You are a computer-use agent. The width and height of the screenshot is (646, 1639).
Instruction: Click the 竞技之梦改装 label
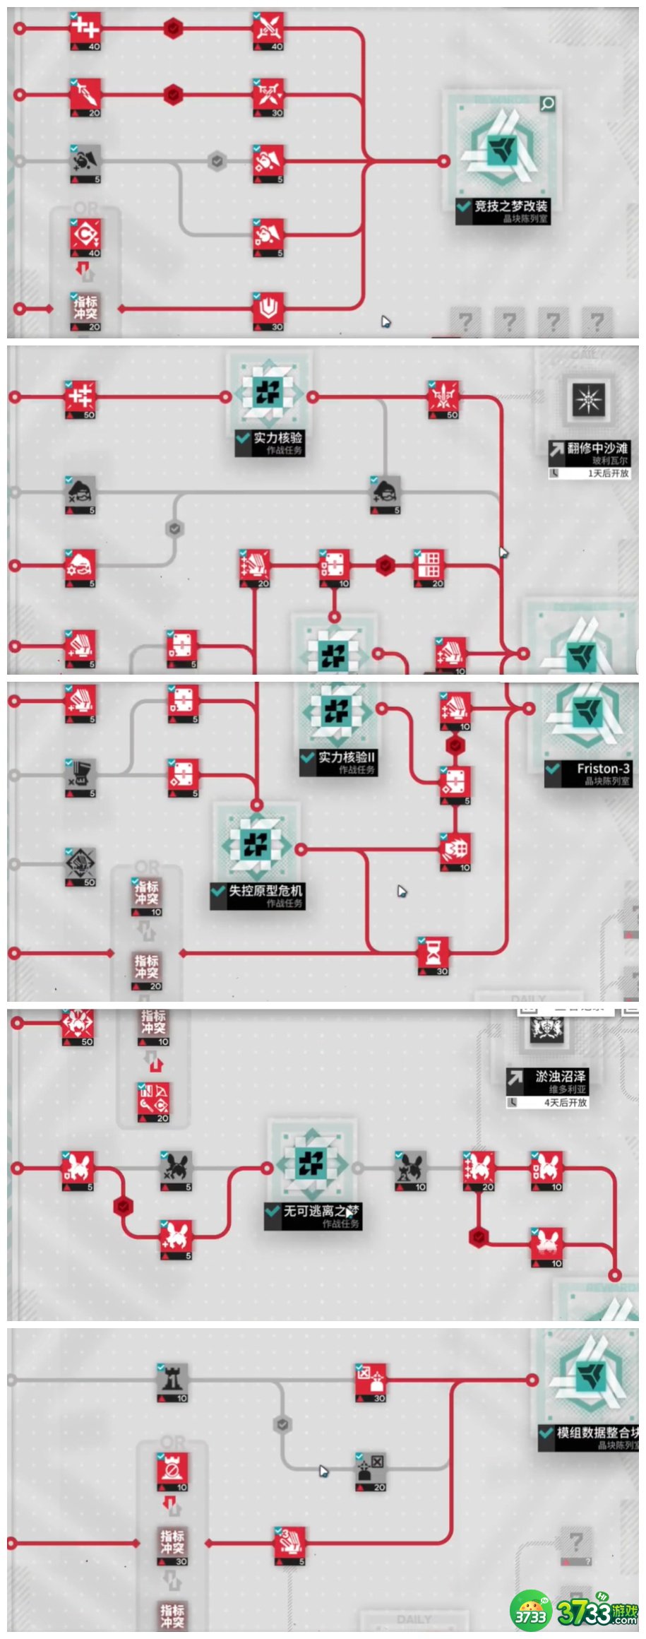tap(510, 206)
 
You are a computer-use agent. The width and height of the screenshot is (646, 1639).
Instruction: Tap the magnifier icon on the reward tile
tap(547, 104)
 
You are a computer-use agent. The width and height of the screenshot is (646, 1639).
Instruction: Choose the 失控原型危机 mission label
tap(264, 891)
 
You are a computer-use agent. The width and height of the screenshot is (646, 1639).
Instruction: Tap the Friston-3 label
tap(602, 769)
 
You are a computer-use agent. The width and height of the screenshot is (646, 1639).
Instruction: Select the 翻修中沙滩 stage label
tap(597, 448)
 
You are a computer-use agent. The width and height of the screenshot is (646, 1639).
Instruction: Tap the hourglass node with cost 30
tap(433, 954)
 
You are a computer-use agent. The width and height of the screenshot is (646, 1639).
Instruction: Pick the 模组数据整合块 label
tap(596, 1432)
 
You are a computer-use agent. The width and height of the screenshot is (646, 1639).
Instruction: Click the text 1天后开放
tap(607, 473)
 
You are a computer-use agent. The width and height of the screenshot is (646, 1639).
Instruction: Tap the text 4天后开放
tap(565, 1102)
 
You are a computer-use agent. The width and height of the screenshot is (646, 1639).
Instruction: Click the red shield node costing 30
tap(268, 309)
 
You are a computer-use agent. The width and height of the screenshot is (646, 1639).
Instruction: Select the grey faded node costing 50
tap(80, 865)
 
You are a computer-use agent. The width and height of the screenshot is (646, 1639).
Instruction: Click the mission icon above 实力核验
tap(268, 396)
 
